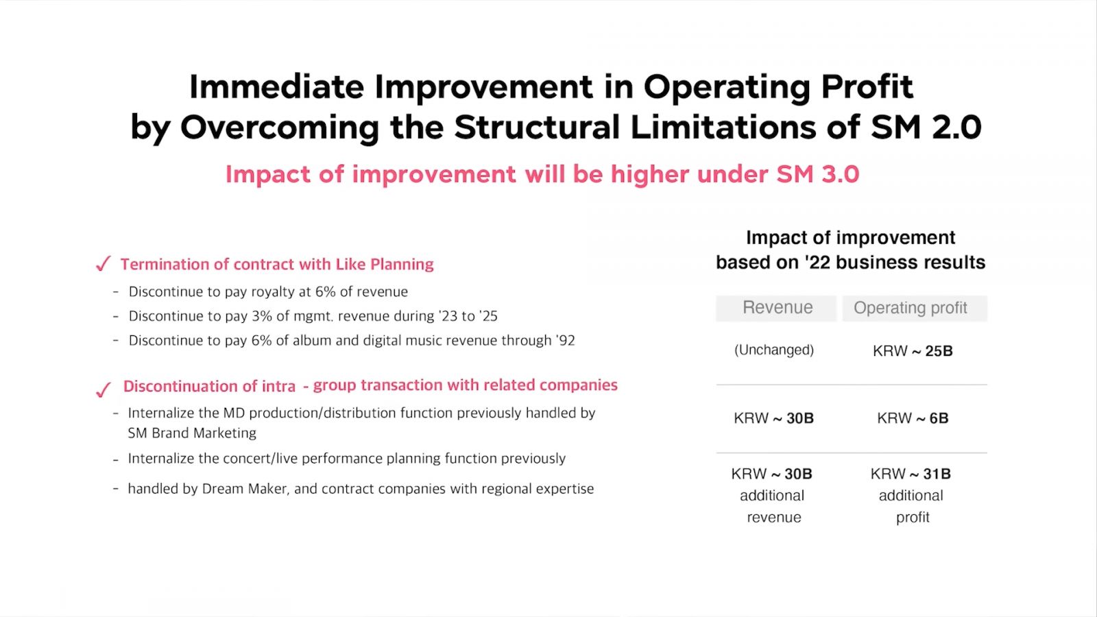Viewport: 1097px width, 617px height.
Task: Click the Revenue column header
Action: tap(777, 308)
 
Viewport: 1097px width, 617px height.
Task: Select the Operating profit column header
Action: tap(911, 308)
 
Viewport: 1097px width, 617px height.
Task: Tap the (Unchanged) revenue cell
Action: tap(774, 350)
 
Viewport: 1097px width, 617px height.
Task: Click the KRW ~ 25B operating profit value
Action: tap(913, 350)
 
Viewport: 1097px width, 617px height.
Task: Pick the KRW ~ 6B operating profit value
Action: tap(913, 418)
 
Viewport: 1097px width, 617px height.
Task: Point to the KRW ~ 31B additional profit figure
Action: tap(911, 474)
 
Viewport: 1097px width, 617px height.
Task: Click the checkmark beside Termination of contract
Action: tap(103, 263)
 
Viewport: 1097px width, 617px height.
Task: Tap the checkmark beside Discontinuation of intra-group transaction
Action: tap(103, 389)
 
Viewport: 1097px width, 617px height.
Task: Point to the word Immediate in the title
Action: tap(277, 86)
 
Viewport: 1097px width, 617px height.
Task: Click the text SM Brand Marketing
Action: tap(192, 433)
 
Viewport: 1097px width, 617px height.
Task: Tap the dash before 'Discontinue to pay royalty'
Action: tap(116, 292)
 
